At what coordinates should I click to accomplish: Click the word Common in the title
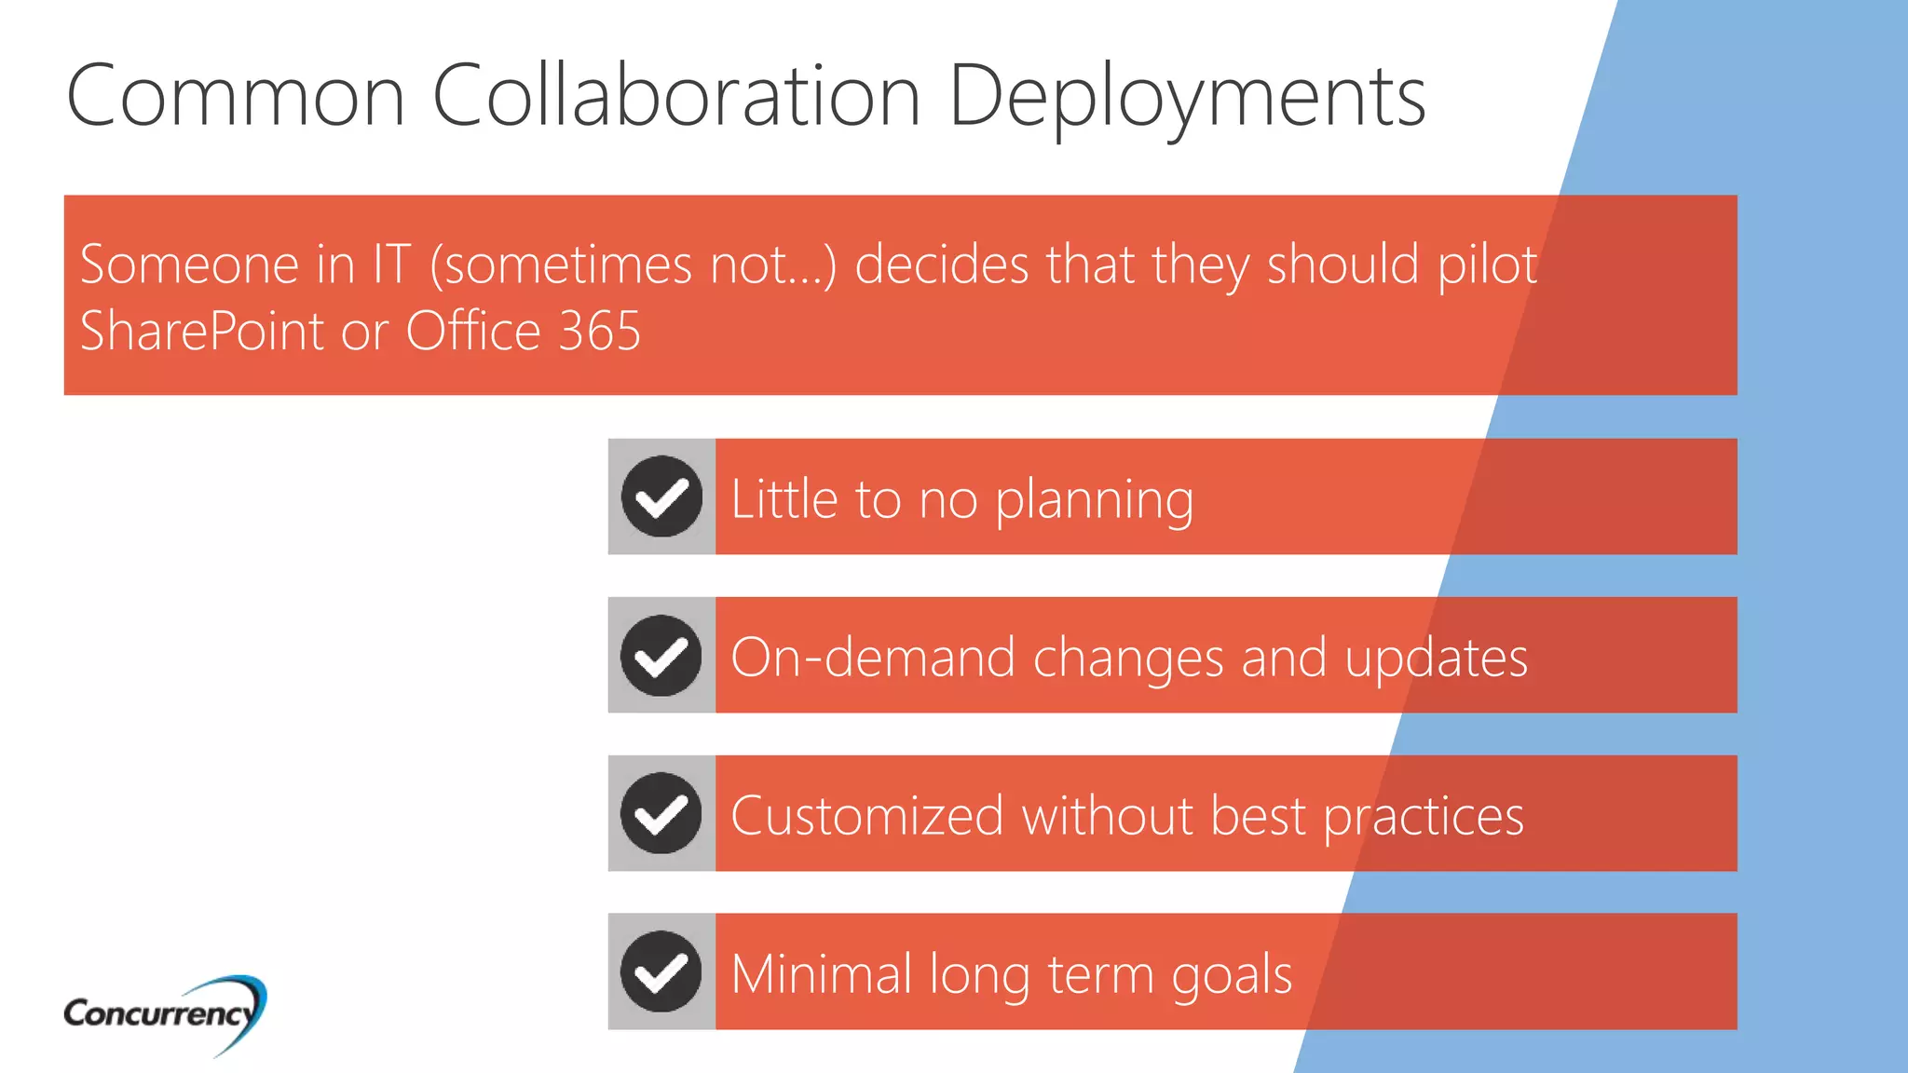pyautogui.click(x=236, y=95)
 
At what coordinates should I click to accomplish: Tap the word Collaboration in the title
pyautogui.click(x=676, y=95)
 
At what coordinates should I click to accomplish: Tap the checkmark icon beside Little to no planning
pyautogui.click(x=661, y=496)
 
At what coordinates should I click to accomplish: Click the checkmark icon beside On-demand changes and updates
pyautogui.click(x=661, y=656)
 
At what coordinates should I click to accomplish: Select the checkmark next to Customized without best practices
pyautogui.click(x=661, y=814)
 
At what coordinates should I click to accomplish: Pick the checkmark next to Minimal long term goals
pyautogui.click(x=661, y=972)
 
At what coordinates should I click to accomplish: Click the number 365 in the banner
pyautogui.click(x=600, y=331)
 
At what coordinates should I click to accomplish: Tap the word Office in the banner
pyautogui.click(x=473, y=331)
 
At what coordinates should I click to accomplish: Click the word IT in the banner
pyautogui.click(x=391, y=265)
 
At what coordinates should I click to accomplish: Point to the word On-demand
pyautogui.click(x=872, y=658)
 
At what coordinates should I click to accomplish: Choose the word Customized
pyautogui.click(x=866, y=816)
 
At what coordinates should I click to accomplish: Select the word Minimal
pyautogui.click(x=821, y=974)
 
